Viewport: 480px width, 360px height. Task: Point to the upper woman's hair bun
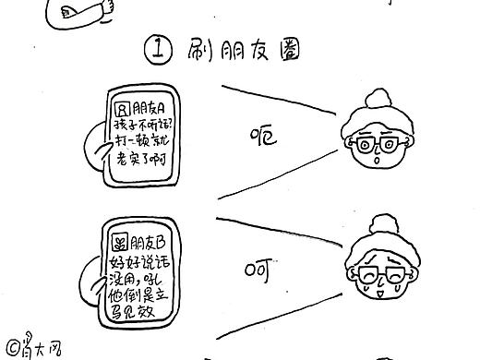[379, 101]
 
